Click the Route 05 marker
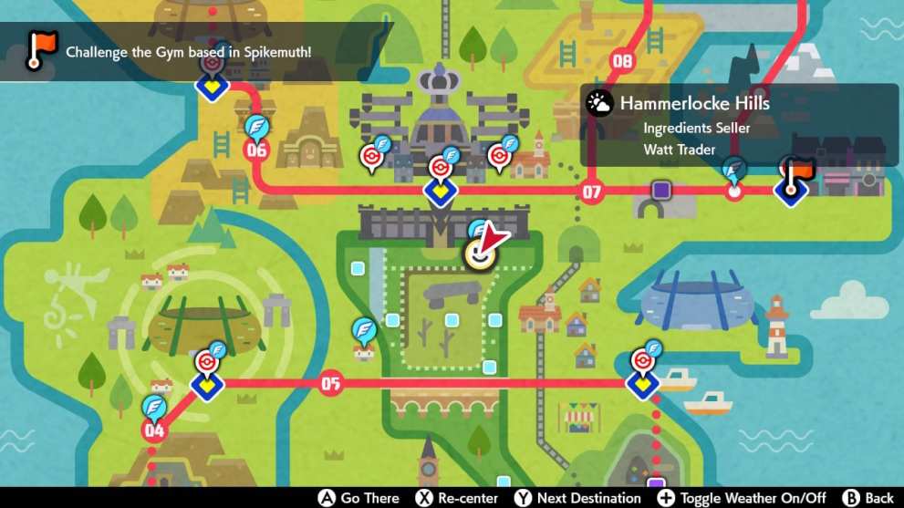click(330, 384)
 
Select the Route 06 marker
click(256, 150)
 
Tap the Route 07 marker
click(592, 192)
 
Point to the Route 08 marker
click(622, 62)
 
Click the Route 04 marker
click(154, 430)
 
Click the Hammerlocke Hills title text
click(694, 103)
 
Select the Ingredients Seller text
click(696, 128)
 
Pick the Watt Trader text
click(680, 150)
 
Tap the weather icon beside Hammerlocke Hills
click(599, 103)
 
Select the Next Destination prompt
click(577, 498)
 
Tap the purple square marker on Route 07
click(661, 191)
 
